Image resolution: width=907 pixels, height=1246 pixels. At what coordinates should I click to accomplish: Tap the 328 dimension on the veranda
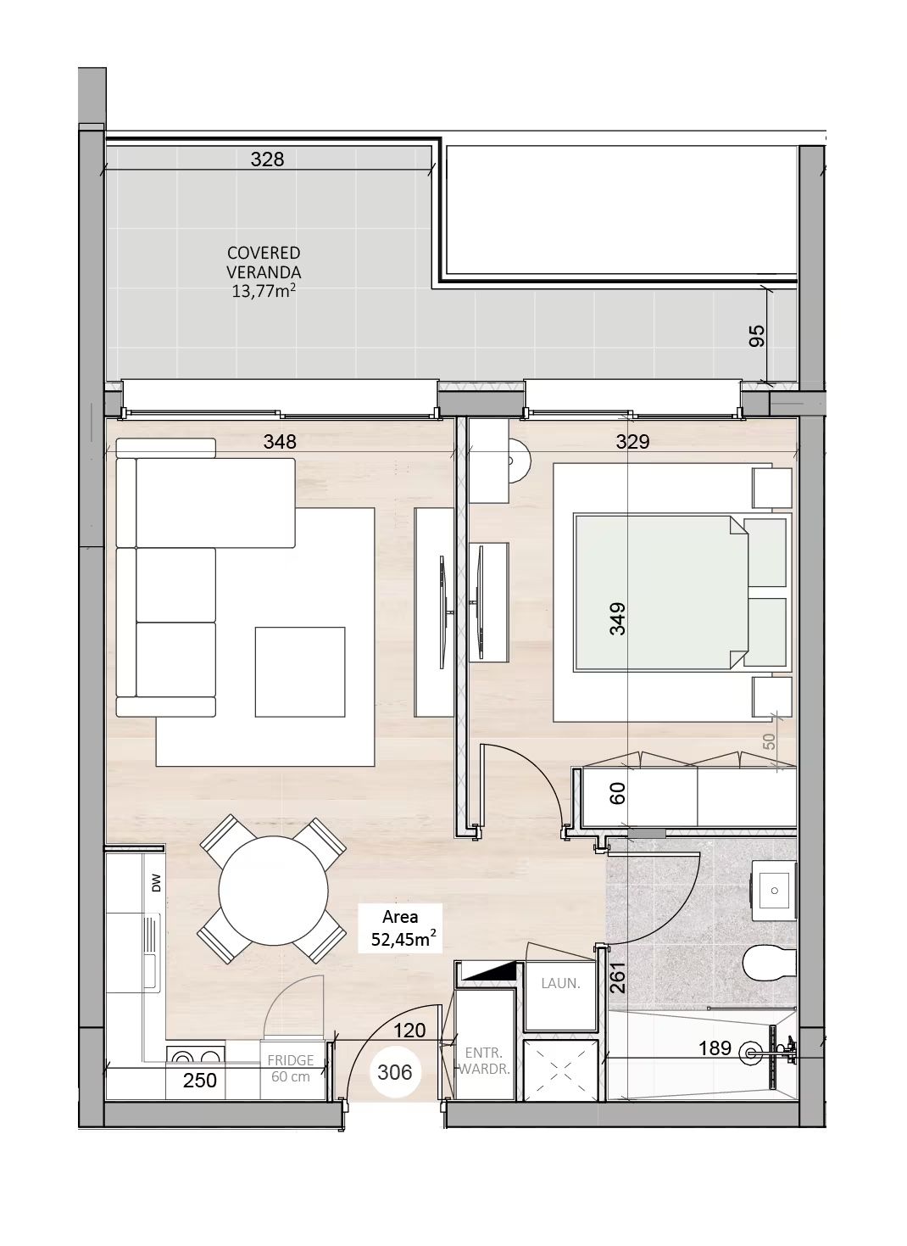pyautogui.click(x=267, y=159)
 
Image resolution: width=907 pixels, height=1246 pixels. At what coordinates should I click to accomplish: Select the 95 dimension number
pyautogui.click(x=757, y=335)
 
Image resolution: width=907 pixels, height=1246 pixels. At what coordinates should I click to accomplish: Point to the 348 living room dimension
pyautogui.click(x=280, y=442)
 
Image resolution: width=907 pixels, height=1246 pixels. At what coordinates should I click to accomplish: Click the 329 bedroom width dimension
pyautogui.click(x=632, y=442)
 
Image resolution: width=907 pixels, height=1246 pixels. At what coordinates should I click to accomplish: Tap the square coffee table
pyautogui.click(x=300, y=672)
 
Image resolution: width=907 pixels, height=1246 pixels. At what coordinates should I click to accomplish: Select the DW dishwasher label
pyautogui.click(x=156, y=883)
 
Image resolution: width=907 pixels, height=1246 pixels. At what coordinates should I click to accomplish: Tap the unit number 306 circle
pyautogui.click(x=395, y=1072)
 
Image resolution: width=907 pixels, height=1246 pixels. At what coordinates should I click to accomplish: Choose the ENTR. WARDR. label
pyautogui.click(x=483, y=1060)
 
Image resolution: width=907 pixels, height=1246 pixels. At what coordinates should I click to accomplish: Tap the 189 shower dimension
pyautogui.click(x=715, y=1048)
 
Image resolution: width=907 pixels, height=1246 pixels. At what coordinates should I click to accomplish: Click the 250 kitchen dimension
pyautogui.click(x=199, y=1081)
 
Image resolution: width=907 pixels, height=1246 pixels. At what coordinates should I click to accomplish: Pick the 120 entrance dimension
pyautogui.click(x=409, y=1031)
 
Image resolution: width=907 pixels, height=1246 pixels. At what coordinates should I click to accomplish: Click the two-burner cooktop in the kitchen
pyautogui.click(x=196, y=1056)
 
